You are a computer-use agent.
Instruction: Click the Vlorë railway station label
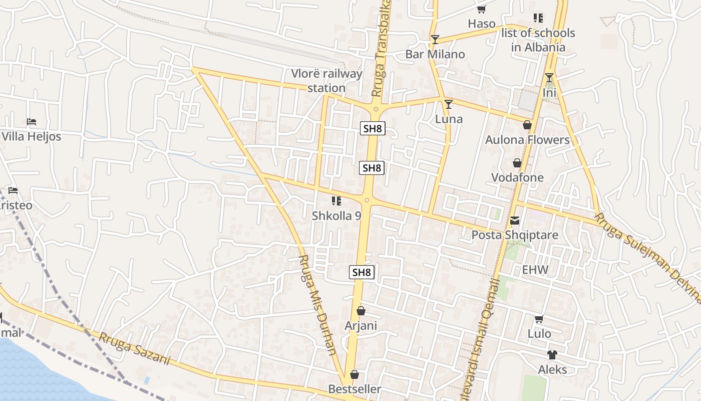pos(327,81)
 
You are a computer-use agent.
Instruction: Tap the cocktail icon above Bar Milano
pos(435,40)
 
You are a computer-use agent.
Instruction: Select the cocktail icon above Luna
pos(449,104)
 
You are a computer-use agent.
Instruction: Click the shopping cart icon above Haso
pos(481,10)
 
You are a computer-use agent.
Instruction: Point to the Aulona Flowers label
pos(527,140)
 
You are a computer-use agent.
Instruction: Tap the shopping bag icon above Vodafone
pos(517,163)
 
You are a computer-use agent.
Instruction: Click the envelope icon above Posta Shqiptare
pos(515,221)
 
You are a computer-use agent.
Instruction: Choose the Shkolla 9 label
pos(336,216)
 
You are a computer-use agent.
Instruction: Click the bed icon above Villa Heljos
pos(32,122)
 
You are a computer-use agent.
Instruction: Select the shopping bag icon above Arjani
pos(361,311)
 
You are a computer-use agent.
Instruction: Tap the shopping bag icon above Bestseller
pos(355,375)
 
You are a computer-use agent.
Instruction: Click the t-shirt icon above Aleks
pos(552,355)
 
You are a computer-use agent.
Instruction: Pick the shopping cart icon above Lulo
pos(539,319)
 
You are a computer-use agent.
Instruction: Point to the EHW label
pos(535,270)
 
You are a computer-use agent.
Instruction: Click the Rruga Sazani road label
pos(134,348)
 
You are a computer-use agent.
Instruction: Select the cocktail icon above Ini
pos(549,78)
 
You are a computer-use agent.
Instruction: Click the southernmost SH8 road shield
pos(362,273)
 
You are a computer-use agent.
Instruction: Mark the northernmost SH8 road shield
pos(373,128)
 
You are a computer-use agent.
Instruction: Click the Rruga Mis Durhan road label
pos(317,304)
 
